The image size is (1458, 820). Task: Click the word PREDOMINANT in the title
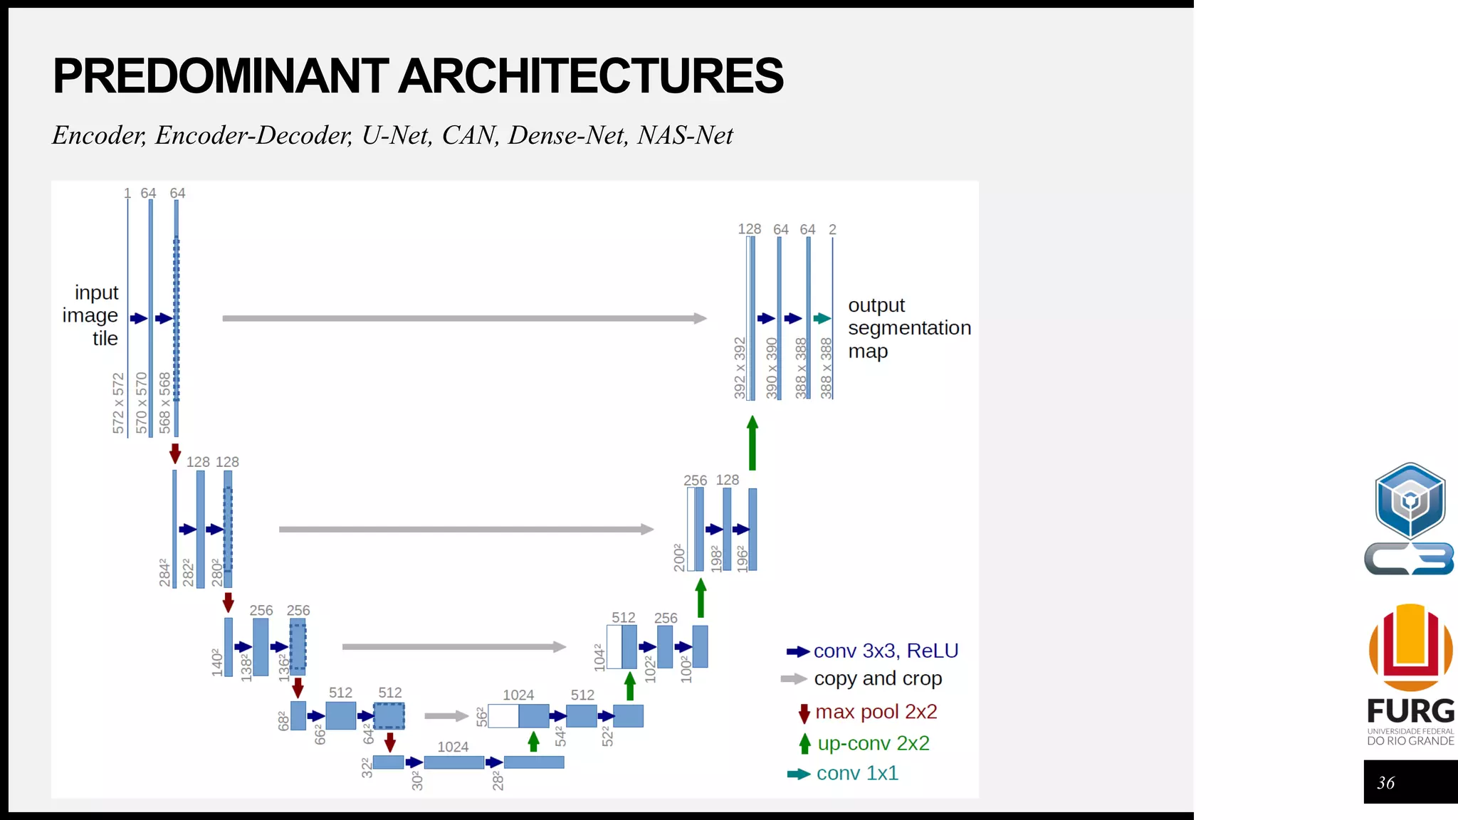[x=221, y=76]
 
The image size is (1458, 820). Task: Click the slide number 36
[x=1385, y=783]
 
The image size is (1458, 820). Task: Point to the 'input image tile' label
[x=91, y=315]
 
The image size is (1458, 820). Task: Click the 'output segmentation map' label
[x=908, y=328]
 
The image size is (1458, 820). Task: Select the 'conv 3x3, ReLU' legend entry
[x=885, y=651]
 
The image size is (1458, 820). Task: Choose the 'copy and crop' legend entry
[x=877, y=678]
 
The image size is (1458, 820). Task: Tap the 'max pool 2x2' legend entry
[x=875, y=712]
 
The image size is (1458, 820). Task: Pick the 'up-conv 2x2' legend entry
[x=873, y=743]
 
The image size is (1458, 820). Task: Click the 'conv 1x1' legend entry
[x=856, y=773]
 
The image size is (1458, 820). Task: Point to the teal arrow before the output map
[x=822, y=318]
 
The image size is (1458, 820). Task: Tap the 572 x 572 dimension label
[x=118, y=403]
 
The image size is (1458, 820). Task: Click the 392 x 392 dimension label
[x=740, y=368]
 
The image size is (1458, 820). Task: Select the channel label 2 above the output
[x=832, y=230]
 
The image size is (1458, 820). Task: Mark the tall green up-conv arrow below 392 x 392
[x=752, y=443]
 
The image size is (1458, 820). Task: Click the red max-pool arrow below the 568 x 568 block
[x=175, y=453]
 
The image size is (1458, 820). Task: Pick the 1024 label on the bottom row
[x=453, y=747]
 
